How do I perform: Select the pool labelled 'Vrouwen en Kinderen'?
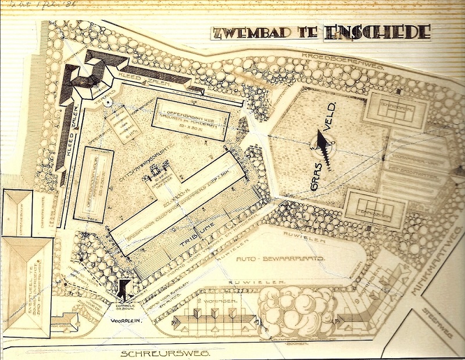(191, 118)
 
